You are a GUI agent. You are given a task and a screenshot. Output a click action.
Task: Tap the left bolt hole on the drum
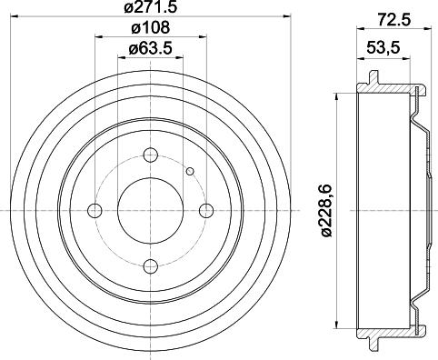(x=95, y=211)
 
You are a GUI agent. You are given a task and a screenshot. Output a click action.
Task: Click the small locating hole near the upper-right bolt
(x=190, y=170)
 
